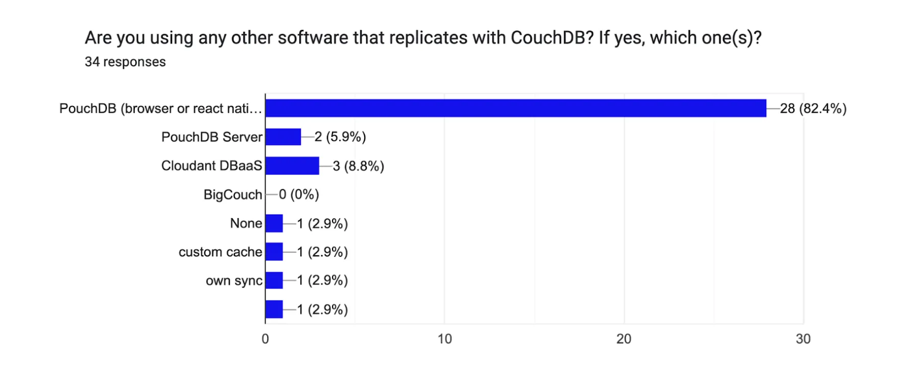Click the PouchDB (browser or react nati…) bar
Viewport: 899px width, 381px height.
(x=516, y=108)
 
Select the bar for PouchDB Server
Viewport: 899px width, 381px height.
(x=283, y=137)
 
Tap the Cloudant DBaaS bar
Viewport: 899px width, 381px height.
(x=292, y=166)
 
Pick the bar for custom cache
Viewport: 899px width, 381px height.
(x=274, y=252)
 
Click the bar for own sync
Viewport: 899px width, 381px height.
(x=274, y=280)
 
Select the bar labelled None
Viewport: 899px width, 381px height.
(x=274, y=223)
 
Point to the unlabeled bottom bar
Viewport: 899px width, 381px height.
(x=274, y=309)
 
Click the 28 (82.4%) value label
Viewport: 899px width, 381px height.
(x=813, y=108)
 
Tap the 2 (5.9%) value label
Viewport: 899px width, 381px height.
(x=340, y=137)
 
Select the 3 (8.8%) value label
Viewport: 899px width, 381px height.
(x=358, y=166)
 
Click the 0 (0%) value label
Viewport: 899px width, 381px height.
(x=299, y=195)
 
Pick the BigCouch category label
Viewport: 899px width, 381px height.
(x=232, y=195)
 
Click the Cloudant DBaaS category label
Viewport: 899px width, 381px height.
(x=211, y=166)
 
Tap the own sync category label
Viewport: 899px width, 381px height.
(x=234, y=281)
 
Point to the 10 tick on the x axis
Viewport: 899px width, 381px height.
(x=444, y=339)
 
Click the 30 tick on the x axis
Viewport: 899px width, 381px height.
(x=803, y=339)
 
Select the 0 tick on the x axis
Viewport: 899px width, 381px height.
(x=265, y=339)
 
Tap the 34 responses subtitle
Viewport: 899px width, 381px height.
(x=125, y=62)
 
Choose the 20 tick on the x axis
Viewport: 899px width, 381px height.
(x=624, y=339)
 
